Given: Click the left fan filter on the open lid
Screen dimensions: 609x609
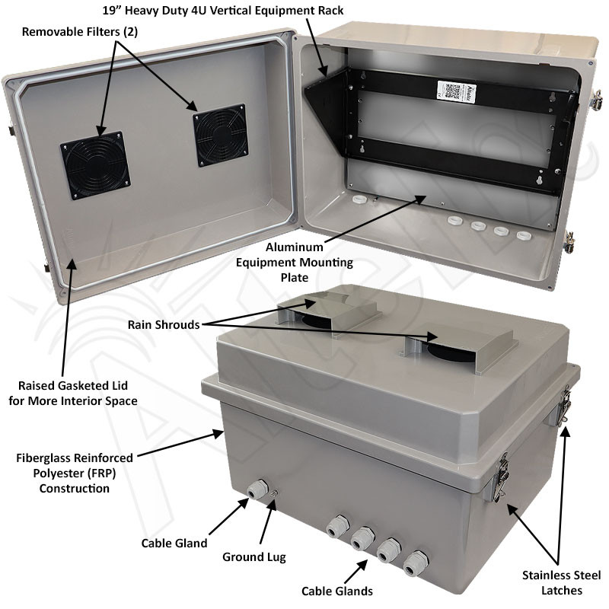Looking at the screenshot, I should click(x=95, y=165).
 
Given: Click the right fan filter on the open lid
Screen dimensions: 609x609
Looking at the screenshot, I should click(x=220, y=135).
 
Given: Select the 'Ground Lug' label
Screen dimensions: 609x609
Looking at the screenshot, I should click(x=254, y=556).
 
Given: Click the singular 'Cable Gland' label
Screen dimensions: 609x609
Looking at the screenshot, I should click(x=174, y=543).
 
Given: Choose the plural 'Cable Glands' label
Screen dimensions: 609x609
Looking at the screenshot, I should click(x=337, y=591).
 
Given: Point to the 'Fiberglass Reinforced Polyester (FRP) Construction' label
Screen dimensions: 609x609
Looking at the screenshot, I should click(x=75, y=473).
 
